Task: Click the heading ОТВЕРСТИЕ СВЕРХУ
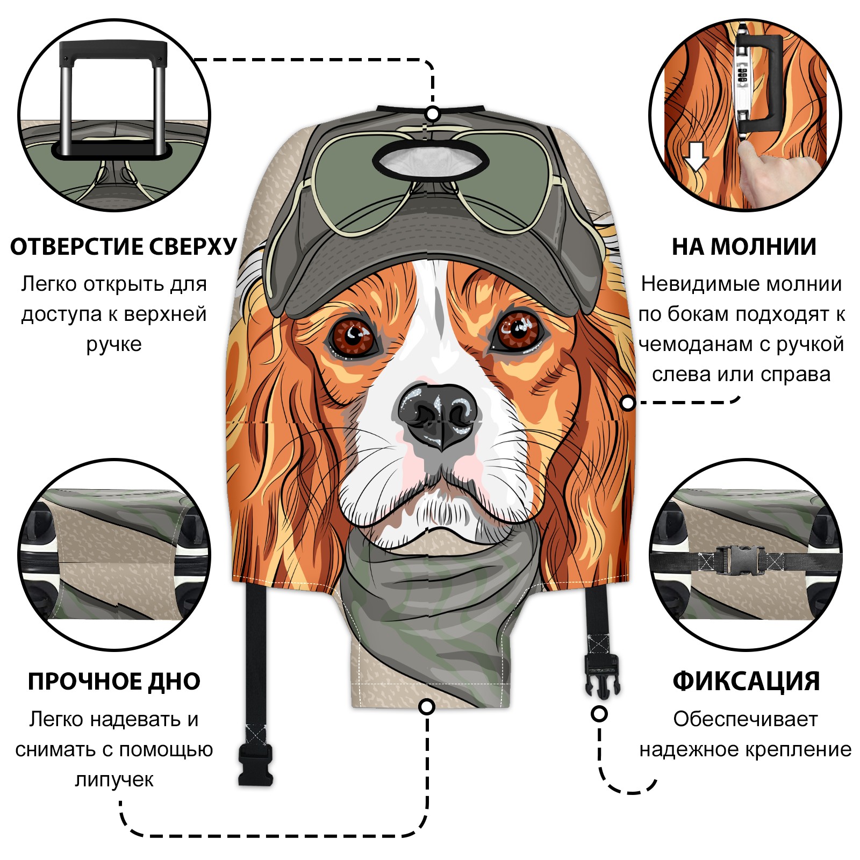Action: (x=123, y=247)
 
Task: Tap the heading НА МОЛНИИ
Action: (x=744, y=247)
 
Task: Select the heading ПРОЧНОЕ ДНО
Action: (x=114, y=682)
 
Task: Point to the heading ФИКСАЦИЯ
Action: (x=746, y=682)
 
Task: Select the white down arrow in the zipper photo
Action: (x=697, y=156)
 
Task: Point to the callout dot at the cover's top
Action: (x=433, y=114)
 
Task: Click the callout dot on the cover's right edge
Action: (x=628, y=403)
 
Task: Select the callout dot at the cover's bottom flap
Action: (x=427, y=707)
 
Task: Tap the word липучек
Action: (x=114, y=779)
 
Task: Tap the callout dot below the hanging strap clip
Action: (x=599, y=714)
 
